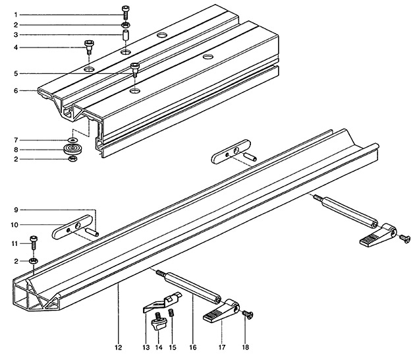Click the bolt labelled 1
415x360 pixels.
coord(125,11)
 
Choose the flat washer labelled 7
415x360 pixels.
coord(71,140)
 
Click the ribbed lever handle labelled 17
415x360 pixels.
coord(218,312)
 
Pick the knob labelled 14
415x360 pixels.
coord(158,324)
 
